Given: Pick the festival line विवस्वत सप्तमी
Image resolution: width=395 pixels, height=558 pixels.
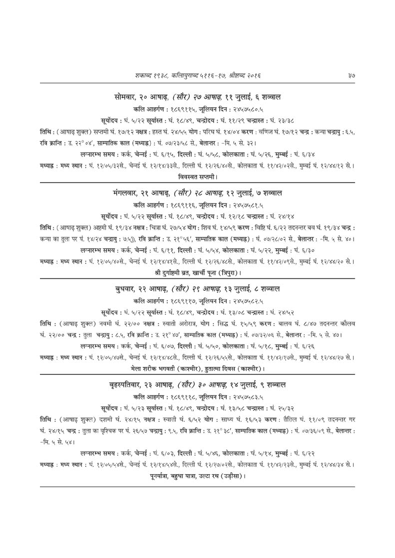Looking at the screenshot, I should coord(197,177).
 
